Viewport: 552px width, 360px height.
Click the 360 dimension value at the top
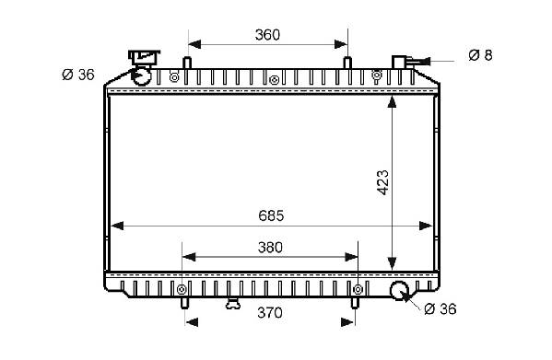[x=267, y=35]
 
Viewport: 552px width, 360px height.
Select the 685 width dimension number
[x=271, y=215]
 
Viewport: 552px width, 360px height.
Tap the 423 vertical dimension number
[x=383, y=182]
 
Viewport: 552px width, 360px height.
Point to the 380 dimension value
[x=270, y=248]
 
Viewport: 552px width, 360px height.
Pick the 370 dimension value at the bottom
[x=270, y=312]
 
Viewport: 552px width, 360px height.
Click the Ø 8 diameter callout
[x=480, y=55]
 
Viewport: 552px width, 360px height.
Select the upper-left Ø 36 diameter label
[x=78, y=75]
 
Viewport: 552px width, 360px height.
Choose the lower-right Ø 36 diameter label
[x=440, y=309]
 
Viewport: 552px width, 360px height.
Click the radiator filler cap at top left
[x=144, y=57]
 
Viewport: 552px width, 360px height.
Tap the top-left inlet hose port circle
[x=141, y=76]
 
